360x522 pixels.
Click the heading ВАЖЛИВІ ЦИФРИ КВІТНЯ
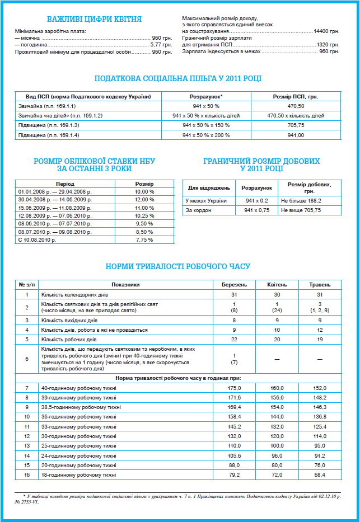click(94, 19)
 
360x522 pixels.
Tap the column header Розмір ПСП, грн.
click(295, 97)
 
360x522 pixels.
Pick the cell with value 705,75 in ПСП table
click(295, 125)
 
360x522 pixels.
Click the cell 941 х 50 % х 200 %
click(206, 135)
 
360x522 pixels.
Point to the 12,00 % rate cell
click(144, 200)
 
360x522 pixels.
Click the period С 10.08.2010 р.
click(39, 240)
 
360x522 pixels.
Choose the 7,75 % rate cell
click(144, 240)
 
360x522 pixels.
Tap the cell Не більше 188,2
click(301, 200)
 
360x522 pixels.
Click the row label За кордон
click(198, 210)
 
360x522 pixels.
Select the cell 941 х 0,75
click(256, 210)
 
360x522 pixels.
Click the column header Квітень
click(277, 284)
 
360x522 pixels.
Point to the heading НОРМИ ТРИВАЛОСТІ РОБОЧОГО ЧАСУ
click(178, 266)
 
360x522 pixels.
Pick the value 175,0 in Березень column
click(235, 388)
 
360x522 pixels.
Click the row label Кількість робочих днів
click(69, 340)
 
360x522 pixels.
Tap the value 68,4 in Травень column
click(320, 475)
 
